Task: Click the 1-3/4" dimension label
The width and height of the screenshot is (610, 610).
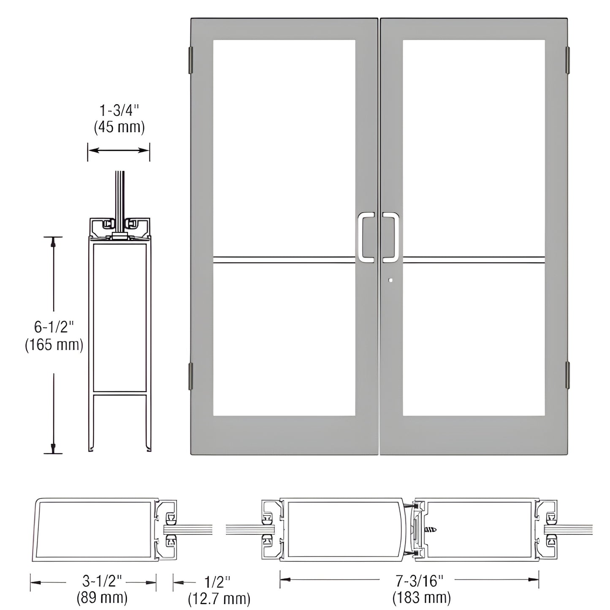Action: [x=119, y=111]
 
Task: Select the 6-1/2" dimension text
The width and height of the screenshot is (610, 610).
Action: [x=54, y=327]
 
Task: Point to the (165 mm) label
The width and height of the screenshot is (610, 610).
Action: [x=54, y=345]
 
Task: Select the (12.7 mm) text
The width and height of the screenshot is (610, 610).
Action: [x=219, y=598]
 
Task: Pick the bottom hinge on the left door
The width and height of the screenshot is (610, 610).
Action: [x=190, y=376]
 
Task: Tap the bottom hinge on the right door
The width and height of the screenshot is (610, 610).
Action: [x=568, y=374]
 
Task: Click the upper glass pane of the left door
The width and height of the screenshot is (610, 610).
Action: [x=284, y=148]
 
